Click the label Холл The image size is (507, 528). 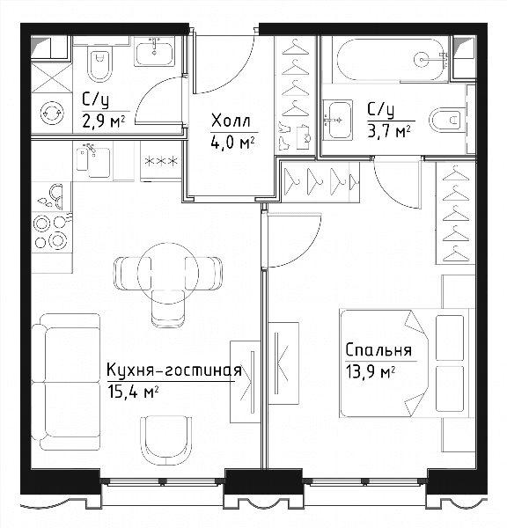pyautogui.click(x=231, y=121)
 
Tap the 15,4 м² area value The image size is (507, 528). pyautogui.click(x=132, y=392)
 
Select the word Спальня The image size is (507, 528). pyautogui.click(x=378, y=350)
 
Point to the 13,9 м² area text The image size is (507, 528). pyautogui.click(x=371, y=373)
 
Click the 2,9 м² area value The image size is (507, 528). pyautogui.click(x=104, y=121)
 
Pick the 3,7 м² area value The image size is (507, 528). pyautogui.click(x=389, y=131)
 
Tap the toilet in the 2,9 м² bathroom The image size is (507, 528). pyautogui.click(x=99, y=65)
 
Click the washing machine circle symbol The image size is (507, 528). pyautogui.click(x=52, y=113)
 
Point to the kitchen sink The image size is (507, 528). pyautogui.click(x=93, y=161)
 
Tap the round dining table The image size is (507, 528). pyautogui.click(x=167, y=272)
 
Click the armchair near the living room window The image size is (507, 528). pyautogui.click(x=166, y=441)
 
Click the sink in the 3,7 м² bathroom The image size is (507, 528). pyautogui.click(x=337, y=120)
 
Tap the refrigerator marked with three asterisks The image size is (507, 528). pyautogui.click(x=161, y=161)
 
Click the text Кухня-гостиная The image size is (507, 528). pyautogui.click(x=174, y=370)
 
